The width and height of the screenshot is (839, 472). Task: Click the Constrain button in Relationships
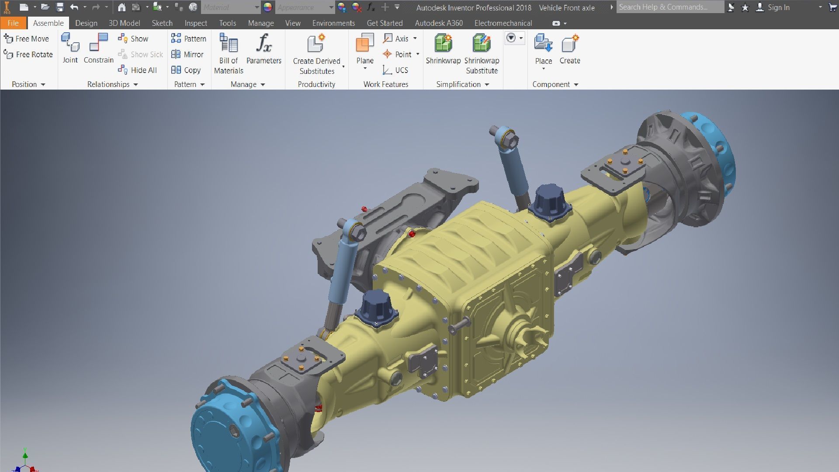(x=98, y=49)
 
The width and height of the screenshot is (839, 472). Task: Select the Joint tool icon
(x=70, y=48)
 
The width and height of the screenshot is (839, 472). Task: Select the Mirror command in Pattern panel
(x=187, y=54)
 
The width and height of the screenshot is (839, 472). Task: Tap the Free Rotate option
(x=28, y=54)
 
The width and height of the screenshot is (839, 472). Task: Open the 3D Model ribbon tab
(x=124, y=23)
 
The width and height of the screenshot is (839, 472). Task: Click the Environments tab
(x=333, y=23)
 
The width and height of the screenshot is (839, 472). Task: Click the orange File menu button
(x=13, y=23)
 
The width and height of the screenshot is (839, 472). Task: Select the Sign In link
(x=778, y=7)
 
